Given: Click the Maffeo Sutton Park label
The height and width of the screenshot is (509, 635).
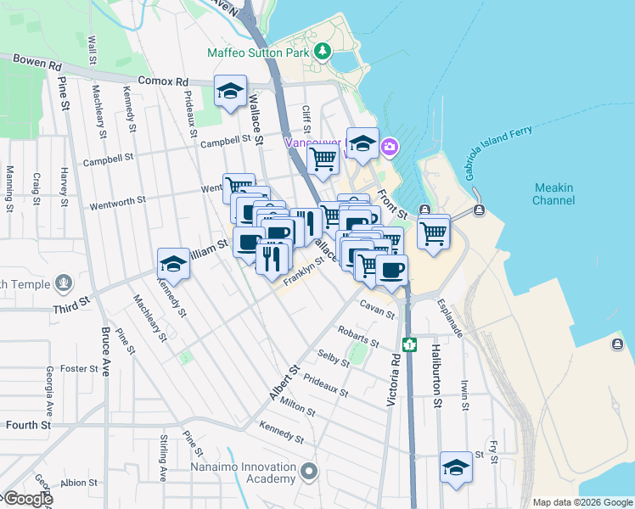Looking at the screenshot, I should pos(259,53).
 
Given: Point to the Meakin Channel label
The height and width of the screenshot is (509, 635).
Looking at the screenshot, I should pos(554,194).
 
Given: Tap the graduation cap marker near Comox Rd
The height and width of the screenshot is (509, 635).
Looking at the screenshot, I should pos(228,93).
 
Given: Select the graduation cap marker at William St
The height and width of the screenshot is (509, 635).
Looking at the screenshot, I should pos(173,265).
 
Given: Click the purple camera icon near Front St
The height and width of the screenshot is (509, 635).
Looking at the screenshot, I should pos(390,146).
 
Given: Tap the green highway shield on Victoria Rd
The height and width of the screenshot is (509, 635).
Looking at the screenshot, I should pos(410,344).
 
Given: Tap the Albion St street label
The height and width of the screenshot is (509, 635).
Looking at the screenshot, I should pos(80,482).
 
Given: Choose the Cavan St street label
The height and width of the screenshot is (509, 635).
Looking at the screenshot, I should pos(377,309).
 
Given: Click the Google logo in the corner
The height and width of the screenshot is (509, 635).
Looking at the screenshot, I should pos(27,499).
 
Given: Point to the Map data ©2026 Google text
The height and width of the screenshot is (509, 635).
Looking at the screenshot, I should pos(582,502).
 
